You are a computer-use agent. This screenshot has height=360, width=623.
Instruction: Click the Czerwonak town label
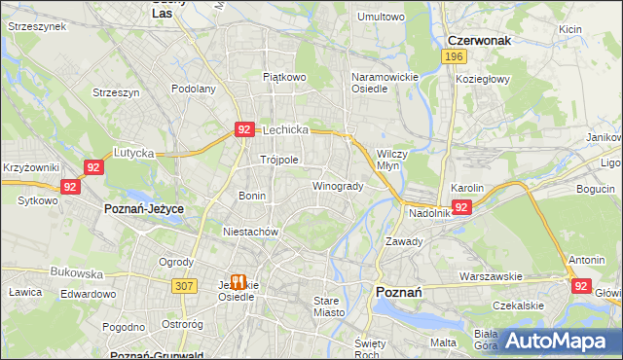coord(479,41)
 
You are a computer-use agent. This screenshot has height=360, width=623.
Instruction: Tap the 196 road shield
coord(452,57)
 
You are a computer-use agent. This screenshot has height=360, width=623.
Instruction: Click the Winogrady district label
coord(338,186)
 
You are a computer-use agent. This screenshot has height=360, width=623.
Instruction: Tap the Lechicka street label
coord(285,129)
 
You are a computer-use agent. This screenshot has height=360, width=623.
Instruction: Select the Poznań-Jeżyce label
coord(144,209)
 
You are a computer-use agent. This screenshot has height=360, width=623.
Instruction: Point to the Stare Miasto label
coord(332,307)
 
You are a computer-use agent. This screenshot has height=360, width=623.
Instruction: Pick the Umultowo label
coord(381,17)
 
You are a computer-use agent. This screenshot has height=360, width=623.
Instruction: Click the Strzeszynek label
coord(35,27)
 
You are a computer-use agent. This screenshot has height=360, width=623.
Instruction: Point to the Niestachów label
coord(251,233)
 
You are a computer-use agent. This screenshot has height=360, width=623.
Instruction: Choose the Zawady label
coord(403,241)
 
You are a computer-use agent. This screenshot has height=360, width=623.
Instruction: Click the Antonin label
coord(587,260)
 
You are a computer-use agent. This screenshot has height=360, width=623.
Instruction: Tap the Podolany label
coord(193,89)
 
